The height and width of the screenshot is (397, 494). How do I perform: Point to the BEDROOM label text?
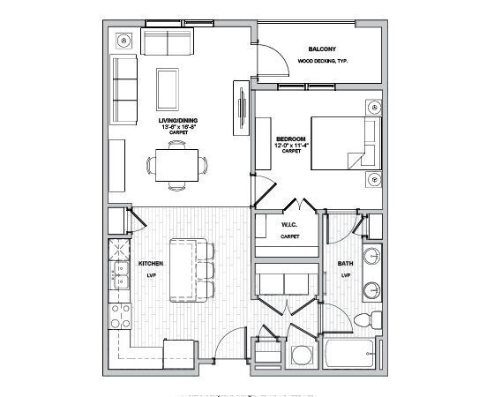290,139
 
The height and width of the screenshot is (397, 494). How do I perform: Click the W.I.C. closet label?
289,225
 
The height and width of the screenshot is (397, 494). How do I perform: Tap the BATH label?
346,264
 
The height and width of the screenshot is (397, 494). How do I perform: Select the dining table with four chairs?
177,165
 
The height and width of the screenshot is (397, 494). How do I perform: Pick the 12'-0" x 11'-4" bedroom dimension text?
290,146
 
